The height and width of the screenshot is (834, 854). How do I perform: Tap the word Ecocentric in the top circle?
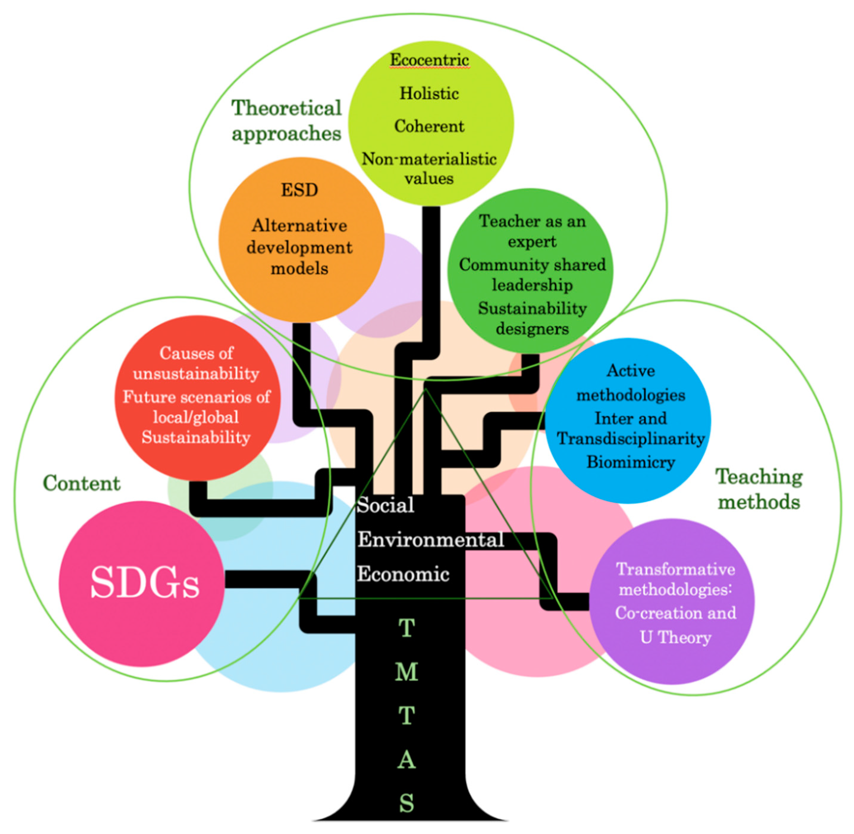[x=429, y=60]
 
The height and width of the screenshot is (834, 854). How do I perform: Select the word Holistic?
[x=429, y=93]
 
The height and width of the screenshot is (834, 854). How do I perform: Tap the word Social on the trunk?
[x=385, y=505]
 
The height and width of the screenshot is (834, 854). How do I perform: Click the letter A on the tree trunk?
[x=406, y=760]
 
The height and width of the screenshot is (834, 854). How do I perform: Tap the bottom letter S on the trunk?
[x=406, y=803]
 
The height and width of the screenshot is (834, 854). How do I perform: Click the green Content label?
[x=81, y=483]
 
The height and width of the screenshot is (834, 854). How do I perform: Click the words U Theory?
[x=675, y=637]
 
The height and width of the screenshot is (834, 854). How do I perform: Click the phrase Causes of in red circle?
[x=196, y=353]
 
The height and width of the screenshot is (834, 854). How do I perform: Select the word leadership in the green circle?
[x=532, y=285]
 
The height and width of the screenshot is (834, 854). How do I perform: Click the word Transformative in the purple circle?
[x=675, y=569]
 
